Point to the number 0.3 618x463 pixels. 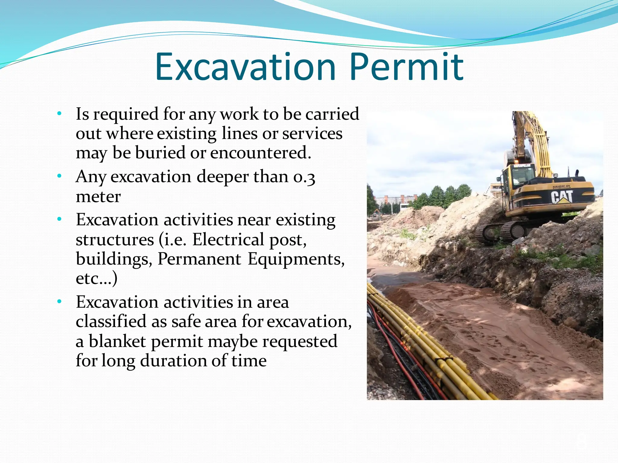(304, 177)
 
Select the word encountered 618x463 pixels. (260, 153)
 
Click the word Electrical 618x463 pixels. (228, 240)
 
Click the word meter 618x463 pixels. (98, 197)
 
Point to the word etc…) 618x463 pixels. (96, 279)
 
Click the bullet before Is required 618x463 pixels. (59, 114)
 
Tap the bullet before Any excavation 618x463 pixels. (59, 176)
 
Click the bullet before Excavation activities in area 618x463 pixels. (59, 301)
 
